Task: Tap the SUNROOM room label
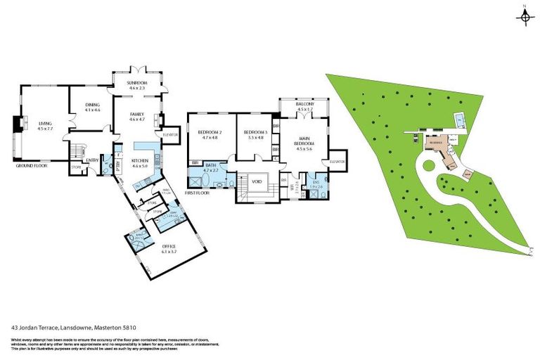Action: click(136, 82)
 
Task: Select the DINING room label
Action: click(93, 105)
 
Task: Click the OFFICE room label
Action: click(169, 245)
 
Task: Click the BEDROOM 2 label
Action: click(210, 132)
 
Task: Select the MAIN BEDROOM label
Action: click(304, 141)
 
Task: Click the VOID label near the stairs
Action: click(257, 181)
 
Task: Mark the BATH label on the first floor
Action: click(211, 165)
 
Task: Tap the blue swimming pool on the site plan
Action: click(458, 116)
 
